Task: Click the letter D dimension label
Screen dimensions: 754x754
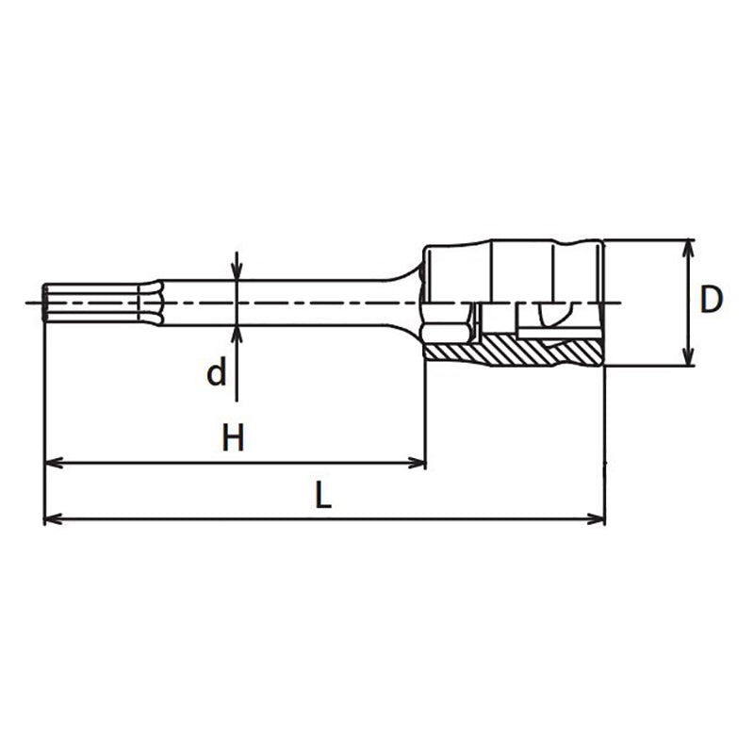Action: point(712,300)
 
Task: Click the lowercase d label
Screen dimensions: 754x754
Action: point(217,374)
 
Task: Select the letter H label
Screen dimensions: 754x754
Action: point(233,437)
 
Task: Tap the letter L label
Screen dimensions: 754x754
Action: point(323,496)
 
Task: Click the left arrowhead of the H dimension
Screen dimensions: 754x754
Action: point(53,463)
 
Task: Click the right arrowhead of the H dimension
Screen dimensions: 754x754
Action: point(418,463)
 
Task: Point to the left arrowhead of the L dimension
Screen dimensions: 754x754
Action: point(53,518)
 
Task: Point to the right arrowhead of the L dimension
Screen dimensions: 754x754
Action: point(597,518)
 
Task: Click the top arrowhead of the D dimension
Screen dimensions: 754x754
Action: point(689,247)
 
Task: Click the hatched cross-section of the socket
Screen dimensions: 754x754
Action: point(514,353)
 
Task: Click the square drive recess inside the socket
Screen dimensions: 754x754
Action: point(547,316)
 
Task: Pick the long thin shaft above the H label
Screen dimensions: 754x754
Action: point(283,302)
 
